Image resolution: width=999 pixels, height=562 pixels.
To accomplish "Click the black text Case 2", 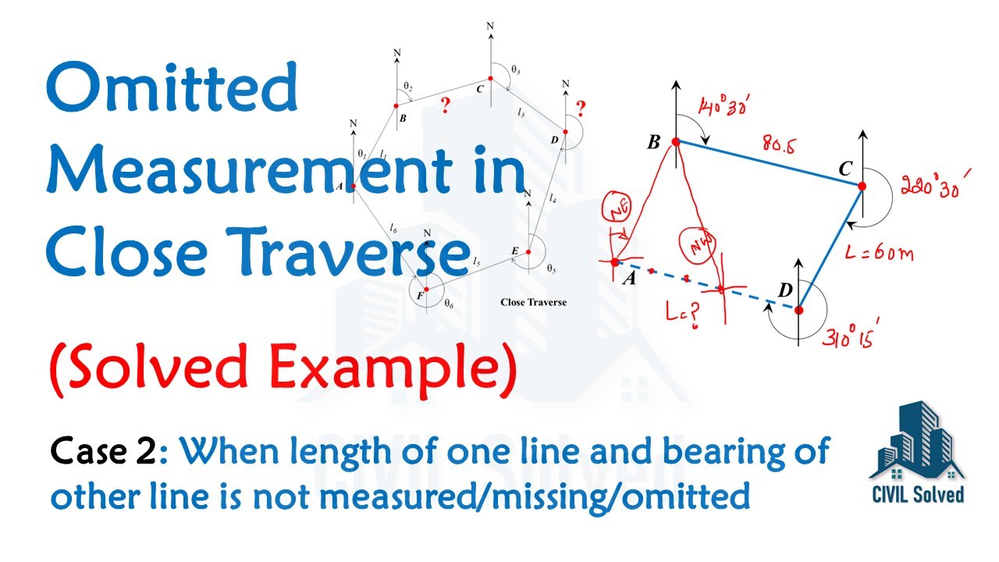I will tap(103, 453).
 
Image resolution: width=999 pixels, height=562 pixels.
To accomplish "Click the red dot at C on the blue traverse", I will tap(862, 186).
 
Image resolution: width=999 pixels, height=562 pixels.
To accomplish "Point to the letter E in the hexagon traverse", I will tap(514, 251).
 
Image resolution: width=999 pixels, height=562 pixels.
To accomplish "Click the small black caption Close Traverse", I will tap(533, 302).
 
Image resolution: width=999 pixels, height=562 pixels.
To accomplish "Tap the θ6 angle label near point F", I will tap(449, 305).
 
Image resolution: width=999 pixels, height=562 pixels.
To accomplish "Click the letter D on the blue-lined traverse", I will tap(785, 290).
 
